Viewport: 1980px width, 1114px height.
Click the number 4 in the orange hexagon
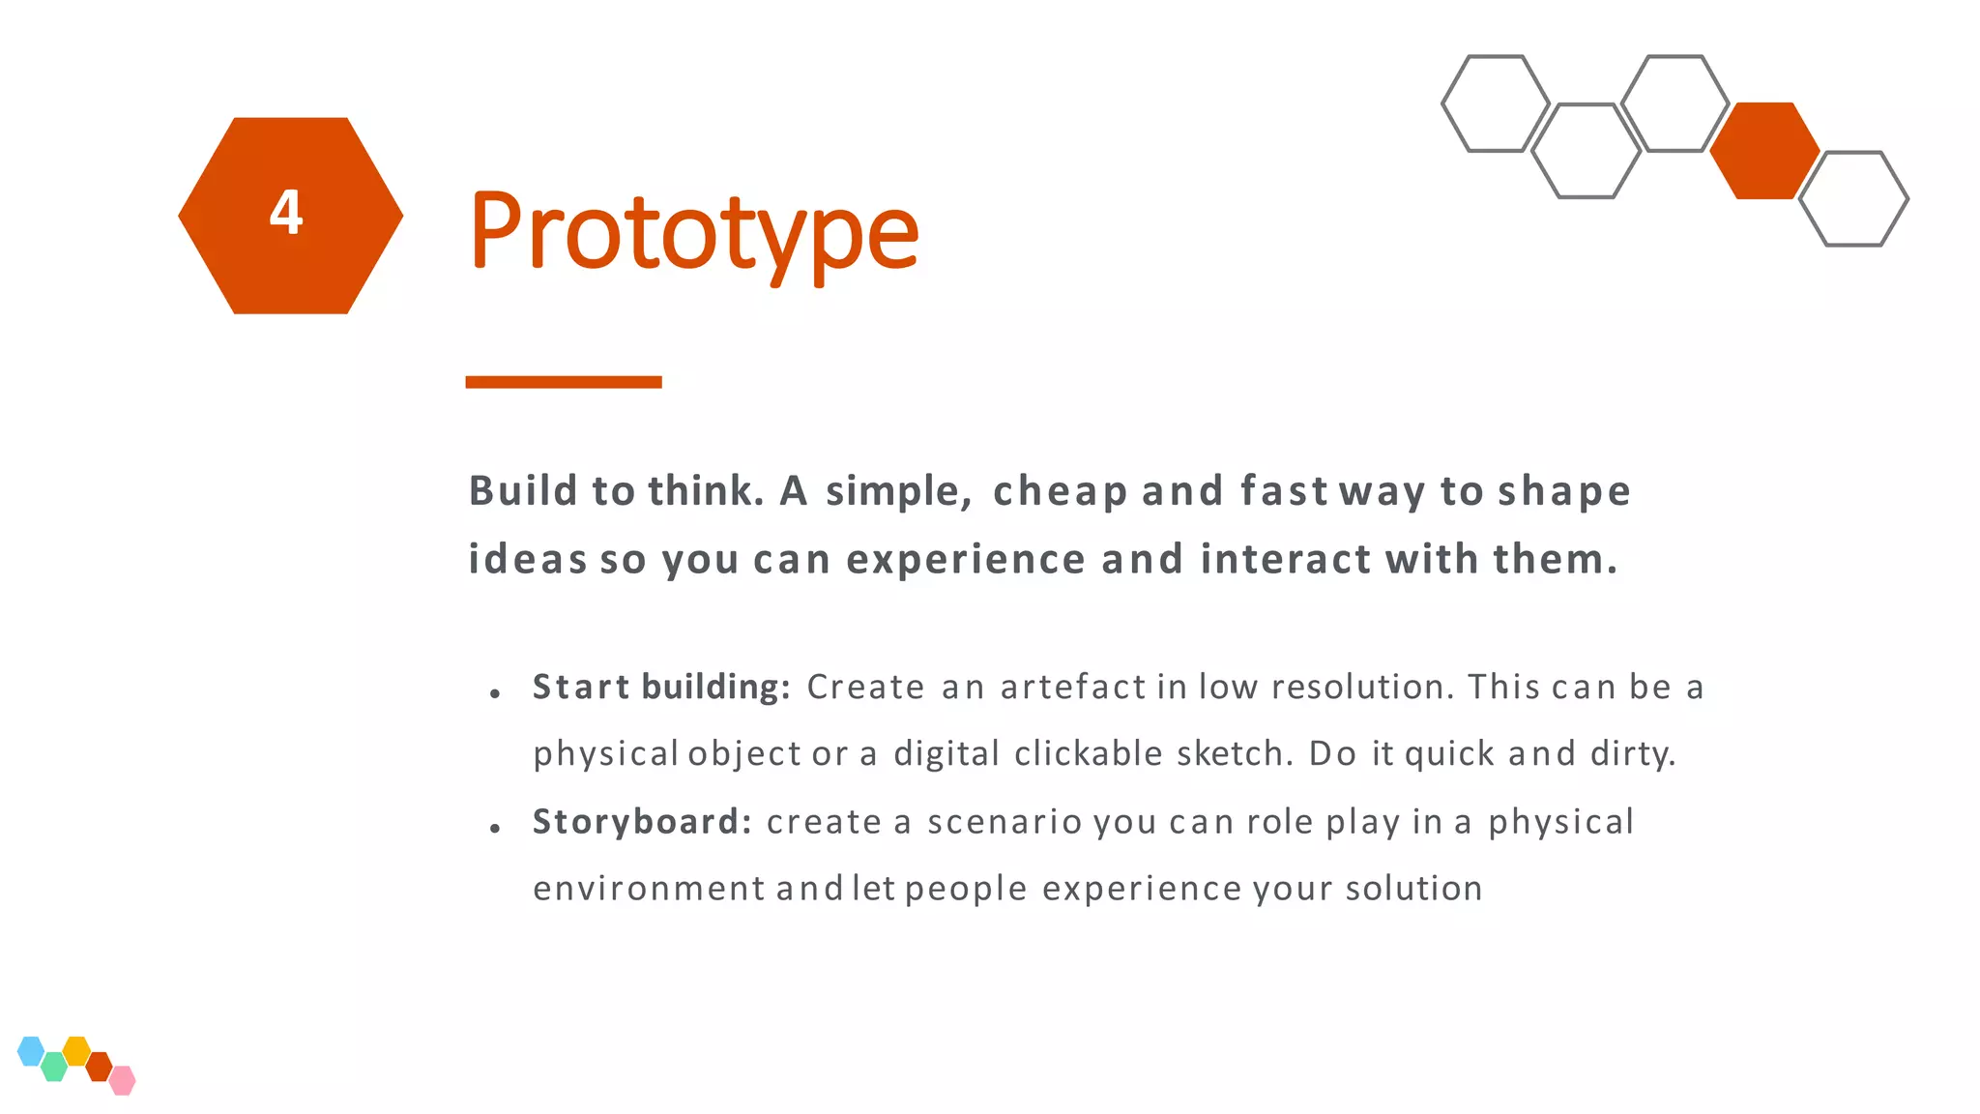click(x=286, y=213)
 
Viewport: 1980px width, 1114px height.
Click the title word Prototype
click(x=693, y=232)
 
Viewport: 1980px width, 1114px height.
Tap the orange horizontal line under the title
click(x=564, y=382)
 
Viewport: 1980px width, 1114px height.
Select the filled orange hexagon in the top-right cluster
click(x=1764, y=151)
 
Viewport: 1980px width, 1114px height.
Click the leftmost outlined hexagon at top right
click(x=1496, y=103)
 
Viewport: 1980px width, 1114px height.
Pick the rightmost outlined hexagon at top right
click(x=1854, y=198)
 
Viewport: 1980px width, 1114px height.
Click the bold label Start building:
click(x=662, y=687)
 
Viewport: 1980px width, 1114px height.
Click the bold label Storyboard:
click(x=642, y=821)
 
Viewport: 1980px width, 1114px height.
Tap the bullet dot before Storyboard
click(x=495, y=829)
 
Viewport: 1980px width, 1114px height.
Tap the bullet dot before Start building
click(x=495, y=693)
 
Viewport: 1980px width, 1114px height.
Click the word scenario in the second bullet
click(x=1005, y=822)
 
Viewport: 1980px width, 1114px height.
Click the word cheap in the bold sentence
click(x=1060, y=491)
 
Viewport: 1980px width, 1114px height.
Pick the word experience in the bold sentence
click(x=966, y=559)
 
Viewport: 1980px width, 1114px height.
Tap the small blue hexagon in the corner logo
click(x=31, y=1050)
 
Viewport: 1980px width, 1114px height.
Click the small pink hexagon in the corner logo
click(x=123, y=1080)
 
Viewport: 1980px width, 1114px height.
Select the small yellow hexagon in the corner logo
click(x=76, y=1050)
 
